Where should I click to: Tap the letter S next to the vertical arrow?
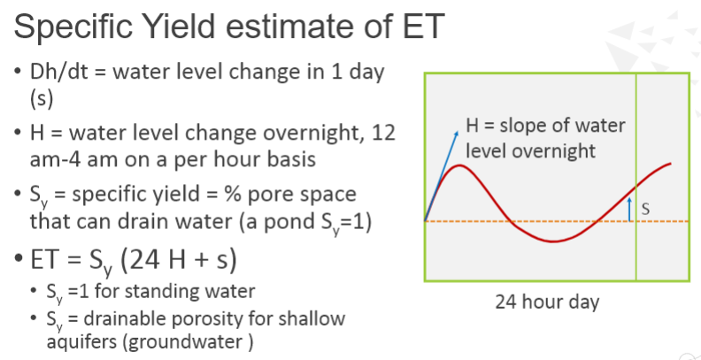tap(645, 210)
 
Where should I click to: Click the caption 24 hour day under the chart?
tap(546, 302)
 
